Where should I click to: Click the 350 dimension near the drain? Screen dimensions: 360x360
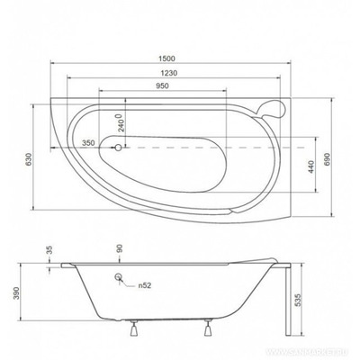point(88,143)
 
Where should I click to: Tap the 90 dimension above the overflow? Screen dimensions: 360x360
point(118,248)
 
